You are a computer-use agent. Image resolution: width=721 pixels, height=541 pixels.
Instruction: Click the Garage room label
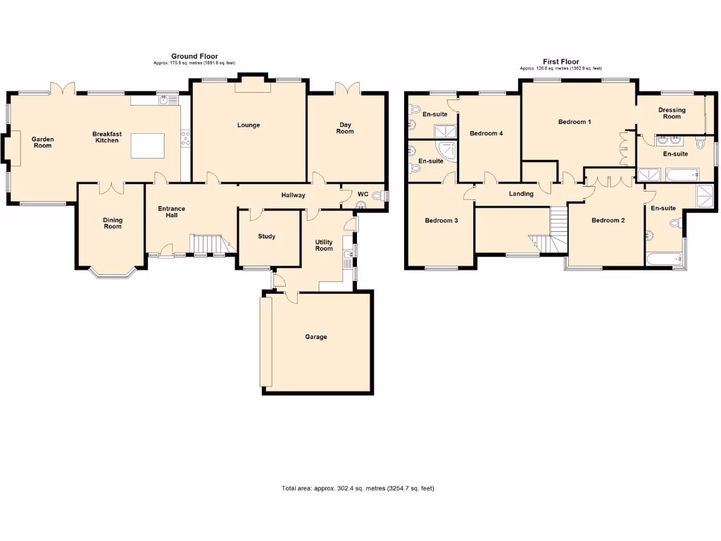tap(315, 337)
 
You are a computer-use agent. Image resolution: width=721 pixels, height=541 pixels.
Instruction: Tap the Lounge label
tap(249, 125)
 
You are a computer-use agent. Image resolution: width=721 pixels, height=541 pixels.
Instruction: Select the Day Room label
tap(344, 128)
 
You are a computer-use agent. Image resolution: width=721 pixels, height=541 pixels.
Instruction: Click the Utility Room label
tap(323, 244)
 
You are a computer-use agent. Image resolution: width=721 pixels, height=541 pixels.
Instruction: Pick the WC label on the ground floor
tap(363, 194)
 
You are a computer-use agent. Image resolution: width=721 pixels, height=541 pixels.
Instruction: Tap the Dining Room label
tap(113, 224)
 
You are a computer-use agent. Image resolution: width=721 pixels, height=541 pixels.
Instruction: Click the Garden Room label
tap(43, 142)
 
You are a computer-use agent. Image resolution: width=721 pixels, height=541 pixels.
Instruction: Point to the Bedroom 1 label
tap(575, 122)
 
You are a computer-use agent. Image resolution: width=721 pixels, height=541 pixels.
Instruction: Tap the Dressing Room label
tap(672, 113)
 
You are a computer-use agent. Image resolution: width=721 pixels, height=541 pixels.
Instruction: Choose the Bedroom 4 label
tap(486, 133)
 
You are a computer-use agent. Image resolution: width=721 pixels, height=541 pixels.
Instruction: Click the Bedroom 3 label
tap(441, 220)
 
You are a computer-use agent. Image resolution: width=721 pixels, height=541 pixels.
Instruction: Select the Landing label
tap(521, 194)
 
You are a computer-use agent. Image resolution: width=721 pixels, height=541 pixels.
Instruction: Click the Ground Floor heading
tap(194, 56)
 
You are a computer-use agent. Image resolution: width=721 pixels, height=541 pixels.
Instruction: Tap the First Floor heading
tap(560, 62)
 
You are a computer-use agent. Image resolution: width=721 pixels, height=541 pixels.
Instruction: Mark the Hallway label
tap(294, 195)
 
